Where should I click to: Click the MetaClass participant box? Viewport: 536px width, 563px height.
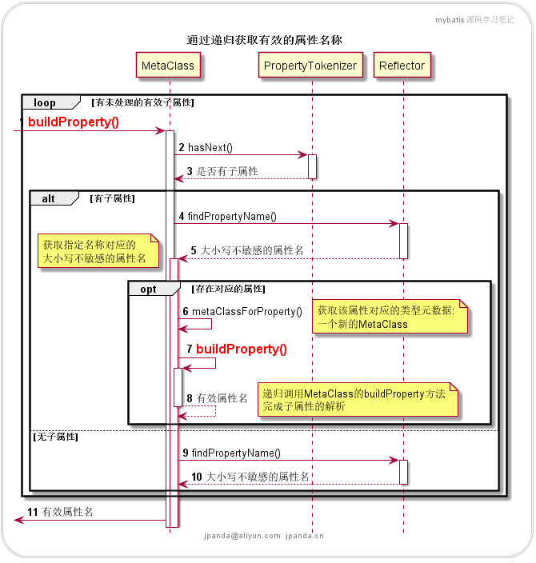pyautogui.click(x=168, y=66)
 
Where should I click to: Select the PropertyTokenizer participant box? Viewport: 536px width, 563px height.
pyautogui.click(x=310, y=66)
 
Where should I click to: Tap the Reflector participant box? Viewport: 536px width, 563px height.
pyautogui.click(x=402, y=66)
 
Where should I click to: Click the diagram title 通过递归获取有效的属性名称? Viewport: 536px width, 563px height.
pyautogui.click(x=265, y=40)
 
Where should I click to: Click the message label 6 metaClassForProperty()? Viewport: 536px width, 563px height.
pyautogui.click(x=242, y=311)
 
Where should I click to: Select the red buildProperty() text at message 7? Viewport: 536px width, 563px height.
pyautogui.click(x=241, y=349)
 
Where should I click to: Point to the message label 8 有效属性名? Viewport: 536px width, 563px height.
pyautogui.click(x=217, y=397)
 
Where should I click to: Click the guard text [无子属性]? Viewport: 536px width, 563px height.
pyautogui.click(x=55, y=437)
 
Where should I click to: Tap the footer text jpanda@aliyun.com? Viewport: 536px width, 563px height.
pyautogui.click(x=242, y=536)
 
